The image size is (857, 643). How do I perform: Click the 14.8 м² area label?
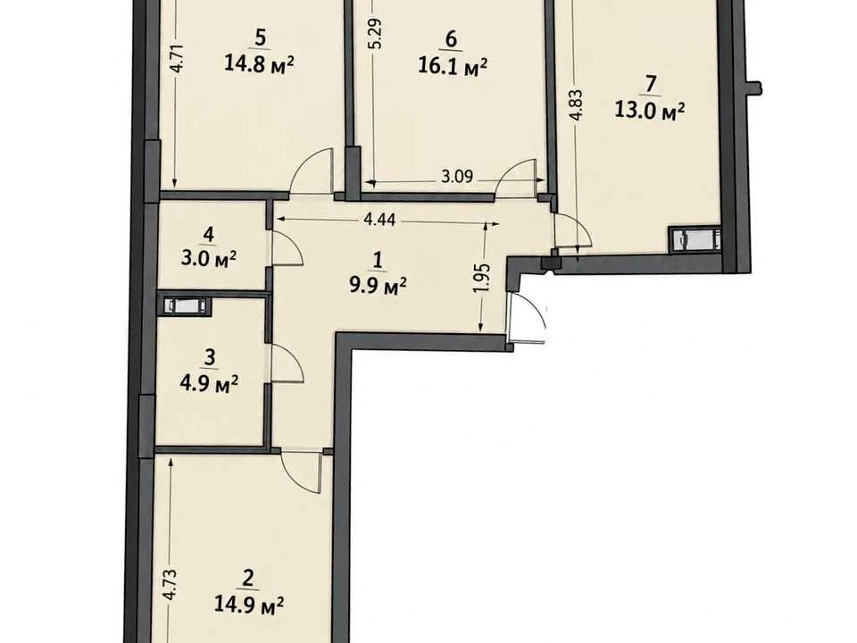pos(259,64)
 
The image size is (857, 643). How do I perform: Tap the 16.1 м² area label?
pos(453,67)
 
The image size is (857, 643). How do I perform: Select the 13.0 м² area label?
pos(650,111)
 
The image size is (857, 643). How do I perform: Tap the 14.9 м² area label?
pos(249,605)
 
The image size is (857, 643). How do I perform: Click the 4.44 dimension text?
pos(379,220)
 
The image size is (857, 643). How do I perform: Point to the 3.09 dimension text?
pos(457,177)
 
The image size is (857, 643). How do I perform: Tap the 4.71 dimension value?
pos(175,59)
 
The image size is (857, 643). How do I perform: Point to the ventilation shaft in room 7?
pos(695,239)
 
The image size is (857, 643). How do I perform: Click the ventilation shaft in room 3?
pos(184,305)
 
